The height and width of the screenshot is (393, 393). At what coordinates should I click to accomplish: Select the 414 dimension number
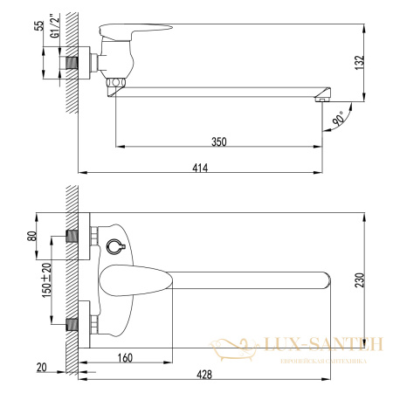(200, 168)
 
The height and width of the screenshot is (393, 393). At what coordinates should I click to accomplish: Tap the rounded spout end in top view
(325, 279)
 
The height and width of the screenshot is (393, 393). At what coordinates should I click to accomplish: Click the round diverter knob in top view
(114, 248)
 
